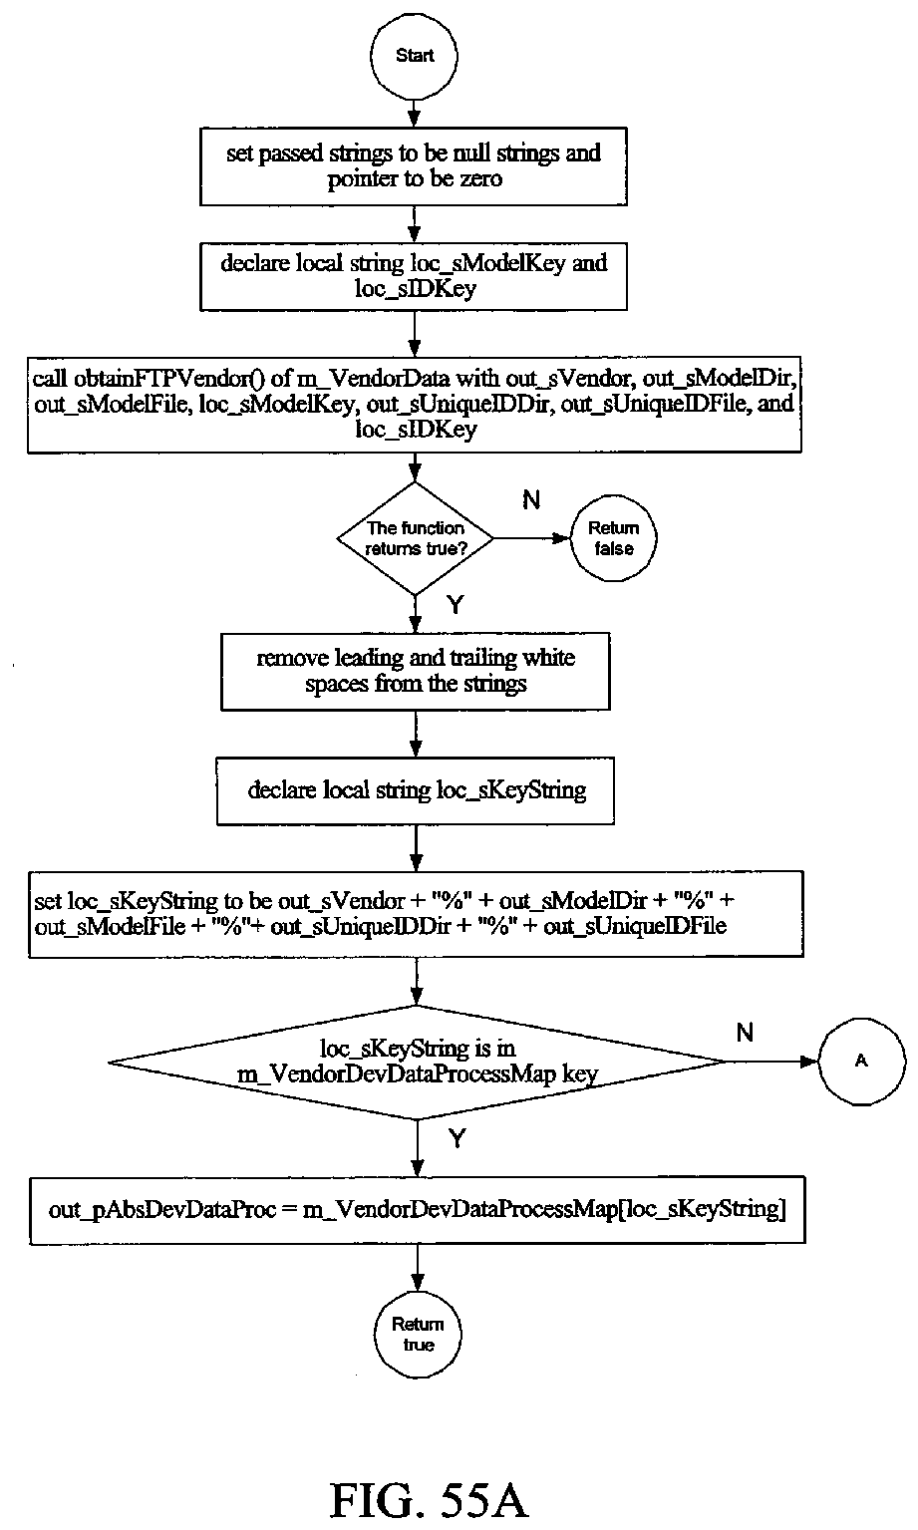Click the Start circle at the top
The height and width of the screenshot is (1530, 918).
pos(414,56)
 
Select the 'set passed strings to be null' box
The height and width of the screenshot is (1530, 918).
pos(414,166)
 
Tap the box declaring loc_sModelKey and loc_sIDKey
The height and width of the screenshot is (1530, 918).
pos(414,276)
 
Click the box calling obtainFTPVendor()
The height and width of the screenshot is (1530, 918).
pos(415,405)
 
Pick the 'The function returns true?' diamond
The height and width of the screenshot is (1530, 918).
pos(416,538)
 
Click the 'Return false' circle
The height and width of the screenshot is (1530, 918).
pos(613,538)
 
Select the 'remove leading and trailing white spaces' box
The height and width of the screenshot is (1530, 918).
pos(416,671)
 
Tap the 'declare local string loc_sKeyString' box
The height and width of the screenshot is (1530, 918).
pos(416,790)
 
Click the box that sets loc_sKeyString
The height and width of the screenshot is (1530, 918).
pos(416,914)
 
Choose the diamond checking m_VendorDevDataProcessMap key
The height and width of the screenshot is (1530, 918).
pos(417,1063)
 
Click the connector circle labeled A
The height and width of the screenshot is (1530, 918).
pos(862,1062)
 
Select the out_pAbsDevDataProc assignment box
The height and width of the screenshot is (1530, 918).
pos(418,1210)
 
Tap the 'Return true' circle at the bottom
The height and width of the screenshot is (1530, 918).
pos(418,1335)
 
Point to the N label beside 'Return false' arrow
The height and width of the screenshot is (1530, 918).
pos(531,500)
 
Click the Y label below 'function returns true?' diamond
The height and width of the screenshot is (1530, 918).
pos(456,604)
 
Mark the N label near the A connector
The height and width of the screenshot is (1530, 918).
pos(746,1032)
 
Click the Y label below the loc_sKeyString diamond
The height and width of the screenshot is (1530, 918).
pos(458,1138)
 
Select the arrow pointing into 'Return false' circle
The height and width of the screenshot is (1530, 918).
pos(532,538)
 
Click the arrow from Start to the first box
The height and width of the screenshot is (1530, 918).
pos(414,114)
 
